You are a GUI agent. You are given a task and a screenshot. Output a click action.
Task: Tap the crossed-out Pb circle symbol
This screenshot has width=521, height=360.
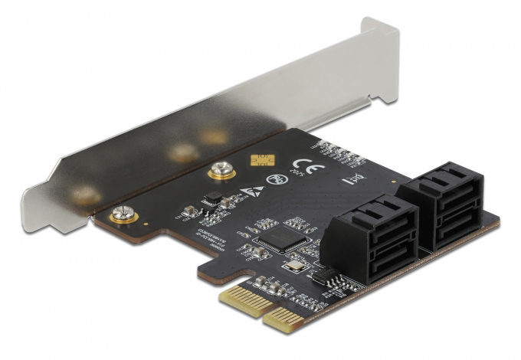click(x=272, y=181)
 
